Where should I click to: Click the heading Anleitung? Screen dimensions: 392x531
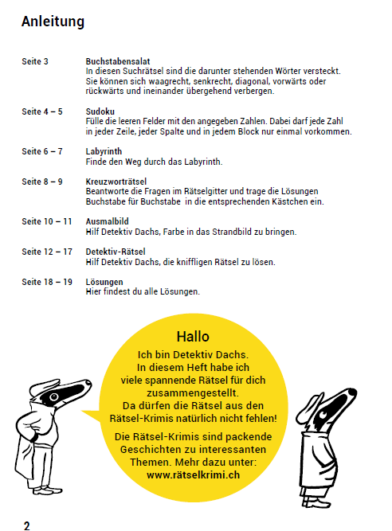tap(53, 21)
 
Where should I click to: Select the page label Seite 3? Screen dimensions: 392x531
tap(35, 61)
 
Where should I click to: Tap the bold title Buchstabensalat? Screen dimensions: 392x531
tap(118, 61)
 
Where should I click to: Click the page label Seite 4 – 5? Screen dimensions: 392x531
tap(42, 112)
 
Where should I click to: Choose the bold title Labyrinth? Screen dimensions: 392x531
tap(104, 151)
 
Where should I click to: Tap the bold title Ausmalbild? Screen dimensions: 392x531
tap(108, 222)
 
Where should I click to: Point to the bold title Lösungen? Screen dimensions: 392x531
tap(104, 283)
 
